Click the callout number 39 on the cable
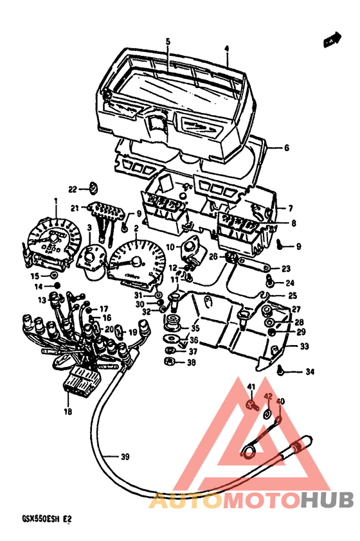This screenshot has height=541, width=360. pos(125,457)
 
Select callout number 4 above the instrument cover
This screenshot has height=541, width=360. pos(226,48)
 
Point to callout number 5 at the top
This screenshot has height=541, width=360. pos(168,42)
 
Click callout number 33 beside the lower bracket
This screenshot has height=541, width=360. pos(305,347)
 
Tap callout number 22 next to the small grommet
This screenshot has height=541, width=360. pos(73,189)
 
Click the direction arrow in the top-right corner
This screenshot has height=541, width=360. pos(332,40)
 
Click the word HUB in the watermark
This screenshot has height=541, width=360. pos(326,499)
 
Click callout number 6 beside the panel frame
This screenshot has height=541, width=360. pos(286,148)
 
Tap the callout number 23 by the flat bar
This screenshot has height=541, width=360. pos(286,269)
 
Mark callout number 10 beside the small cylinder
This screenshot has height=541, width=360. pos(170,247)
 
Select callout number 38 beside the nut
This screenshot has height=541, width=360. pos(190,363)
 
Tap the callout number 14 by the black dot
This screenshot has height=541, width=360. pos(39,286)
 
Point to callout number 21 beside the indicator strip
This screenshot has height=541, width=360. pos(75,208)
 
